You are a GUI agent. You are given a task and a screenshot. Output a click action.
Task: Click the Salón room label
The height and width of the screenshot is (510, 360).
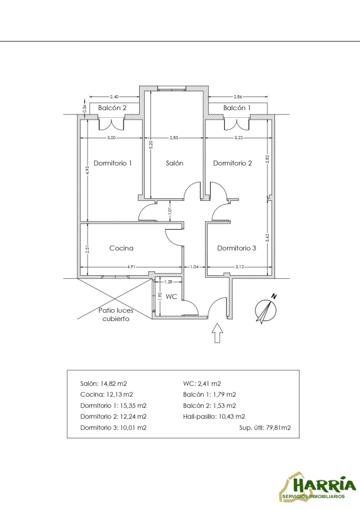(174, 163)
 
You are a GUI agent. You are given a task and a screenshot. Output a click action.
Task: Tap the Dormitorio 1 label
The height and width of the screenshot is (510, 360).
(113, 163)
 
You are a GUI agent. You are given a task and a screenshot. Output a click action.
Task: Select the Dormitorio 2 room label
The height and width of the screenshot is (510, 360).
(232, 163)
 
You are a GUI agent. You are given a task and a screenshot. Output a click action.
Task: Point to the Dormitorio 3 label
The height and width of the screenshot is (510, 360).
(237, 248)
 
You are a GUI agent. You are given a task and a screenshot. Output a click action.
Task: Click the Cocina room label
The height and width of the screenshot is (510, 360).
(121, 248)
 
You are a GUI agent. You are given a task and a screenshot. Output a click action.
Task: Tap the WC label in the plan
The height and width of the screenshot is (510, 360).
(171, 297)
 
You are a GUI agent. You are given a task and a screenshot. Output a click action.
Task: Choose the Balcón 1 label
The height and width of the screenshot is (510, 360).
(237, 108)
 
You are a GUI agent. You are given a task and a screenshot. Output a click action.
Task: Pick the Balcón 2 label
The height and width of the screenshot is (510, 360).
(112, 108)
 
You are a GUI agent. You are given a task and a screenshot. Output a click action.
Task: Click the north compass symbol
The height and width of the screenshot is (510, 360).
(266, 309)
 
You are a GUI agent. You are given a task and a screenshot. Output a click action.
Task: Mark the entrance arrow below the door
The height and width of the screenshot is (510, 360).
(217, 332)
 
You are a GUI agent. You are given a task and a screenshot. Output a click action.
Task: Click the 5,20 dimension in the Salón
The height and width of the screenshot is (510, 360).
(150, 145)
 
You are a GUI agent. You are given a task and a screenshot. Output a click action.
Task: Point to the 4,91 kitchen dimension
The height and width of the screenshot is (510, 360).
(131, 267)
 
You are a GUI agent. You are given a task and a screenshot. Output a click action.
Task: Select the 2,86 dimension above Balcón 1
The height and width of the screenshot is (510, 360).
(238, 96)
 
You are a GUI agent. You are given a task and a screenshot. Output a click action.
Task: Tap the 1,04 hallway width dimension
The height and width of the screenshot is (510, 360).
(194, 267)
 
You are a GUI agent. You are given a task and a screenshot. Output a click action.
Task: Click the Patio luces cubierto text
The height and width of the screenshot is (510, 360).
(116, 315)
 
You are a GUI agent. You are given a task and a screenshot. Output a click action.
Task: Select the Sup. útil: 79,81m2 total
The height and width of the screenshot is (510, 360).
(265, 428)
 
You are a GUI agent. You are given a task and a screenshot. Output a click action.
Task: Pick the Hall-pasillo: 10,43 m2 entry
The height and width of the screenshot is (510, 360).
(214, 416)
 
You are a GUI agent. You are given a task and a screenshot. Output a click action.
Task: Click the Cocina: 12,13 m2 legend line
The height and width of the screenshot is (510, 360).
(106, 394)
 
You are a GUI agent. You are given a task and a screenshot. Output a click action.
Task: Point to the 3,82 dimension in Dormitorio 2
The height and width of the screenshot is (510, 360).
(267, 159)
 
